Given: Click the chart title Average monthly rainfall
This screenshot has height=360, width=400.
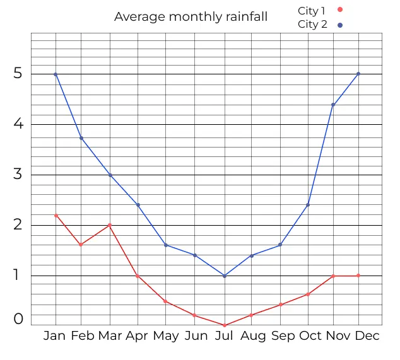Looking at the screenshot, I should (x=191, y=17).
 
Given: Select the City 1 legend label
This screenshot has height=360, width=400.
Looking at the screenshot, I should (x=312, y=11).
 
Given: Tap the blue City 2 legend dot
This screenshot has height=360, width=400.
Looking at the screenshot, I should (x=340, y=25).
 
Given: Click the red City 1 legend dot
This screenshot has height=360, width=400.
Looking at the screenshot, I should (x=340, y=9).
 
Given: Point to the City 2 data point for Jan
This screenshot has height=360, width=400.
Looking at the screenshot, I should (x=56, y=74).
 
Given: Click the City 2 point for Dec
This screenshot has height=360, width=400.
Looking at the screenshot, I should (x=358, y=74).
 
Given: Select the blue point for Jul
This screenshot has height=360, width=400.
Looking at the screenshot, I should (x=225, y=276).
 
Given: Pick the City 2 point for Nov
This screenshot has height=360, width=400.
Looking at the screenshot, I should (x=333, y=105).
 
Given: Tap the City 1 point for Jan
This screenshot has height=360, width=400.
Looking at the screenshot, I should (x=56, y=216).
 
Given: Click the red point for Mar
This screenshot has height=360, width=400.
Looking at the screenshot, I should (x=110, y=225).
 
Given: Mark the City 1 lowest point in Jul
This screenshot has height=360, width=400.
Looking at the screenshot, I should (x=225, y=325).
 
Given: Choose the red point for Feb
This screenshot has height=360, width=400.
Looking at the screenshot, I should (x=81, y=245).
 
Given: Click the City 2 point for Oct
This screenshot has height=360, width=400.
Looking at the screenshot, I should (x=308, y=204).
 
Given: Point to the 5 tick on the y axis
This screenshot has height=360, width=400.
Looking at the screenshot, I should (x=18, y=74).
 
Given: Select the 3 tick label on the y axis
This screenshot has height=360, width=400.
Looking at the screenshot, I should (x=18, y=175).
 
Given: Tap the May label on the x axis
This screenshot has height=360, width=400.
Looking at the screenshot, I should (x=166, y=336).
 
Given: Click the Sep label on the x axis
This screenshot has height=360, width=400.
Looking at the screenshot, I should (x=283, y=336).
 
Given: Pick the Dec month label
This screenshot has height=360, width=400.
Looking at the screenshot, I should (x=367, y=336).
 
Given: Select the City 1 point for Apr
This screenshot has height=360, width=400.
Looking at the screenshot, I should (x=138, y=276).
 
